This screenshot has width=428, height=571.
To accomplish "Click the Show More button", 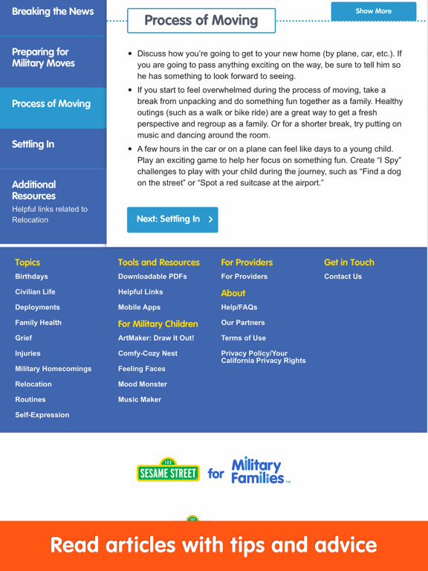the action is coord(373,11).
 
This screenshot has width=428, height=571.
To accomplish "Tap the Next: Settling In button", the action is coord(172,219).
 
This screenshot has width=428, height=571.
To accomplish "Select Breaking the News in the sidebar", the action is coord(53,11).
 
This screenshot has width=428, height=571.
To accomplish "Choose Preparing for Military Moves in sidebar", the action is coord(43,58).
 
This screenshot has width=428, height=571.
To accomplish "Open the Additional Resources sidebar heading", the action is coord(33,190).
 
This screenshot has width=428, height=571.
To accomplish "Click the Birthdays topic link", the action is coord(32,277).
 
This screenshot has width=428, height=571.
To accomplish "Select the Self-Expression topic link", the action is coord(42,415).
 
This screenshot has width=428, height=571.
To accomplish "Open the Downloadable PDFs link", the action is coord(152,277).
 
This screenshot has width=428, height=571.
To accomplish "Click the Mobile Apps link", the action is coord(140,307).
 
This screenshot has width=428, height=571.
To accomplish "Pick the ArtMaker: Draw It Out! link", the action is coord(156,338).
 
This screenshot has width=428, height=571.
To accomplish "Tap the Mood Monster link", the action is coord(143,384).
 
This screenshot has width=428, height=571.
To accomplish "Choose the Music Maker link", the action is coord(140,400).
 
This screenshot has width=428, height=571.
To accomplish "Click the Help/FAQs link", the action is coord(239,307).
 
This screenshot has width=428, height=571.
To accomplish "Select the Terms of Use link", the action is coord(244,338).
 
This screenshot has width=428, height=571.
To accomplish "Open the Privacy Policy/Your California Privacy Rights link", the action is coord(264,357).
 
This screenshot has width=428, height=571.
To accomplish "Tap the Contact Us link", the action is coord(343,277).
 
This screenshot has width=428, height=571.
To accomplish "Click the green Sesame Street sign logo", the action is coord(168,471).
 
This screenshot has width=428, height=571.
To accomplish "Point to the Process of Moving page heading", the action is coord(201,20).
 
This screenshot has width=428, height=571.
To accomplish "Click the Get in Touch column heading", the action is coord(349,262).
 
